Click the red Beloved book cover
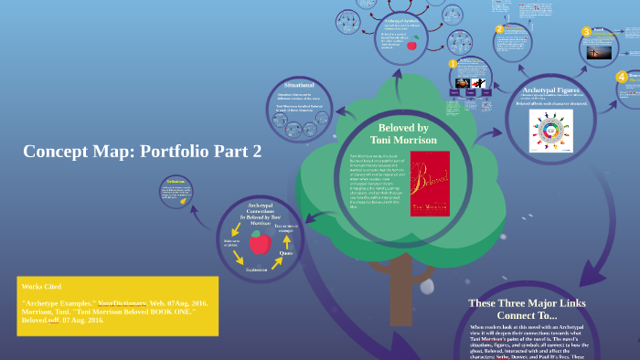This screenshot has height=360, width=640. point(430,184)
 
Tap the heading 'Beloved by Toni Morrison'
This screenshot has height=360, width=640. point(403,133)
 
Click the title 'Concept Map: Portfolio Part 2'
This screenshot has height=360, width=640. point(143,151)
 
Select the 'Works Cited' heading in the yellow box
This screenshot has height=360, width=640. point(40,287)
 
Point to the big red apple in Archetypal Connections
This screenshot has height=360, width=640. point(260,242)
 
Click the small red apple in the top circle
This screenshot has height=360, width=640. point(411,44)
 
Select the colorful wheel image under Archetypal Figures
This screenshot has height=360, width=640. point(550,131)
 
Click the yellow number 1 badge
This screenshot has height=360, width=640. point(452,64)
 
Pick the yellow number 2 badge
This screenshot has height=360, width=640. point(499,28)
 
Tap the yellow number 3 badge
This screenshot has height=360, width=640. point(587,32)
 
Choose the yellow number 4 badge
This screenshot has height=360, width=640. point(622,77)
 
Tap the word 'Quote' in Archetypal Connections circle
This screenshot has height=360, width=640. point(286,253)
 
